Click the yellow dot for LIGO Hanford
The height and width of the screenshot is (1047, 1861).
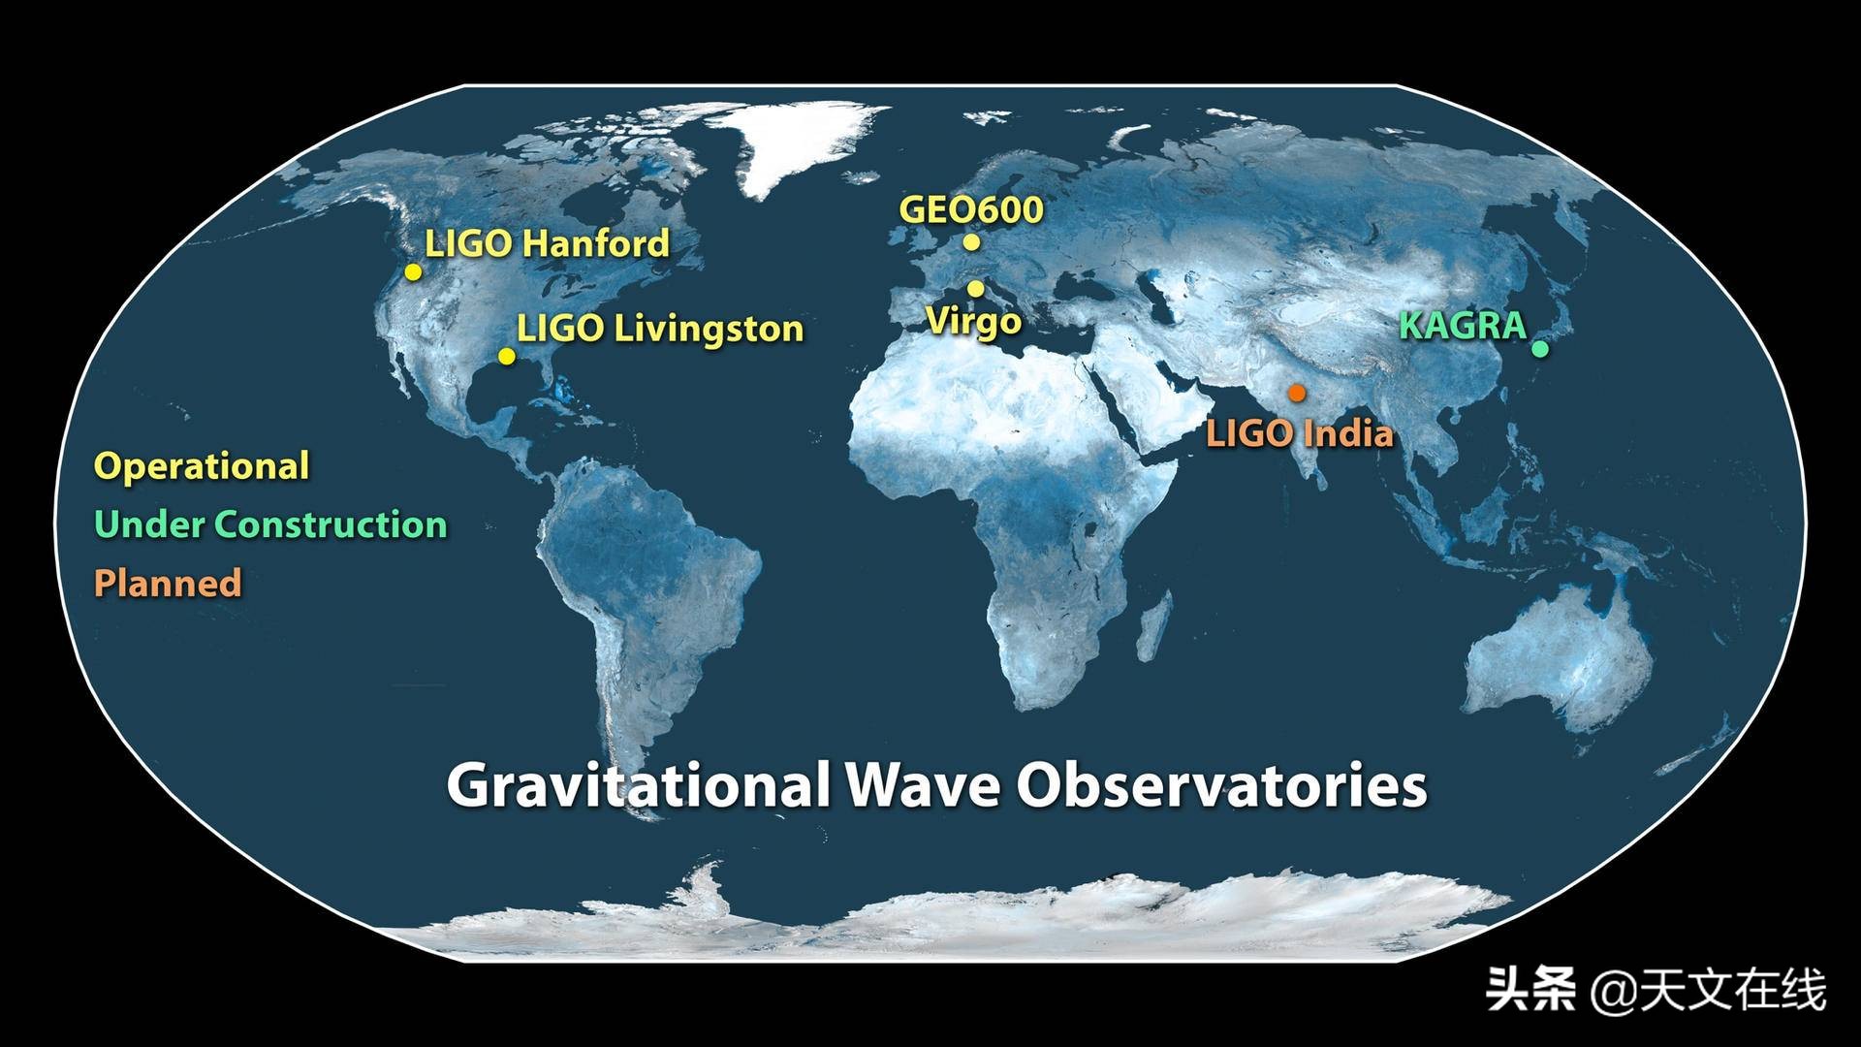(x=413, y=272)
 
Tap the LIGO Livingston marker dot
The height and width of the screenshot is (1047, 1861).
(x=506, y=357)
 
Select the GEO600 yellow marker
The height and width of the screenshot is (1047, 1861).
(x=971, y=242)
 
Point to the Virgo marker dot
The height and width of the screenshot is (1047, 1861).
(x=975, y=289)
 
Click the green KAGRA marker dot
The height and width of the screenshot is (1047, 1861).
(x=1539, y=349)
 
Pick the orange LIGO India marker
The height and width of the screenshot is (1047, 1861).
(x=1297, y=393)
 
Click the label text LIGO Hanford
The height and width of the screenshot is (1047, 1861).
(x=548, y=243)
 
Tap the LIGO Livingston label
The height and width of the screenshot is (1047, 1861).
(x=660, y=329)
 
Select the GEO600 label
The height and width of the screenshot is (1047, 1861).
(x=971, y=209)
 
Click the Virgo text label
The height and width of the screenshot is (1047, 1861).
(x=973, y=322)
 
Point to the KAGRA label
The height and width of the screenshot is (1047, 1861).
(x=1463, y=326)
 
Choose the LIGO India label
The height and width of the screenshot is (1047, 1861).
(x=1300, y=433)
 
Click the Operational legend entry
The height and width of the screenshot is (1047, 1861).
(x=202, y=467)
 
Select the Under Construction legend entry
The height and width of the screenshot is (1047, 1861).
(x=270, y=524)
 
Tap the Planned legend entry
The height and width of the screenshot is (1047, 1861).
(x=168, y=583)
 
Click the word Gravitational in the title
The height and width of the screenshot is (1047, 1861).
(x=638, y=784)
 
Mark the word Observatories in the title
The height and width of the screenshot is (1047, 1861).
(x=1221, y=784)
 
